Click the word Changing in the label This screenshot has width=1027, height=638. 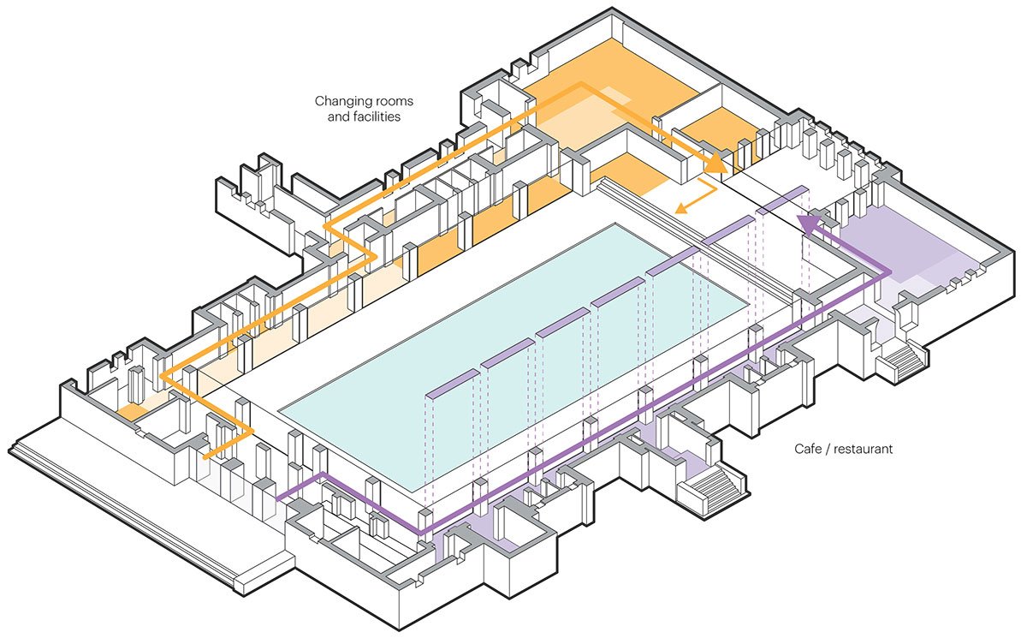click(341, 100)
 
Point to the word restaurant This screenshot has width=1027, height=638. click(864, 448)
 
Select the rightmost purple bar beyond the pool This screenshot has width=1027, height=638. click(782, 194)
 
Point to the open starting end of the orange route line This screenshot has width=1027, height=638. click(205, 456)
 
